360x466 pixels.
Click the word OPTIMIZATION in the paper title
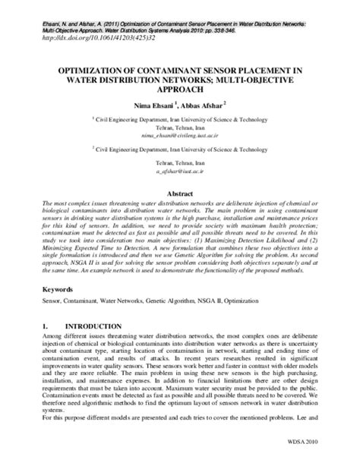pos(91,68)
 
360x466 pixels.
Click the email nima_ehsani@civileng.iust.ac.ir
pos(179,137)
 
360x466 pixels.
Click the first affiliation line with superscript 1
pos(181,119)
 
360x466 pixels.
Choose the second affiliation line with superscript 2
pos(181,150)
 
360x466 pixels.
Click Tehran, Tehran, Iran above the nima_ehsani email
pos(179,128)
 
